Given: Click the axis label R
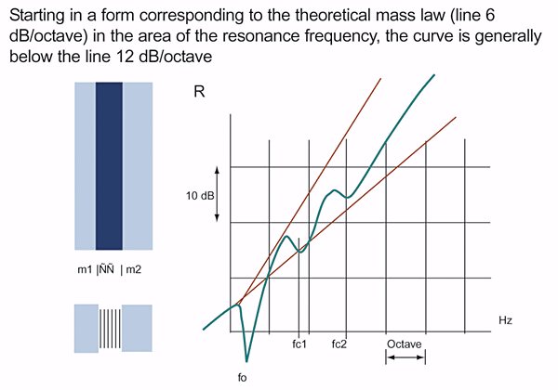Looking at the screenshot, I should click(x=198, y=93).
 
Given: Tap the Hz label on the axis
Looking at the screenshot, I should click(x=506, y=320).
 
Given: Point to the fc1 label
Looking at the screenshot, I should click(x=299, y=344).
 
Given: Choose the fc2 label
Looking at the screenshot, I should click(x=339, y=344).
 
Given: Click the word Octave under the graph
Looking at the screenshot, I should click(x=405, y=344).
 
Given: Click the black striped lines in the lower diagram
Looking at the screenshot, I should click(x=110, y=329).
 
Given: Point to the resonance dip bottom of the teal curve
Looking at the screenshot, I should click(x=246, y=360).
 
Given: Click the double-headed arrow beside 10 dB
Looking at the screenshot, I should click(x=218, y=193).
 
